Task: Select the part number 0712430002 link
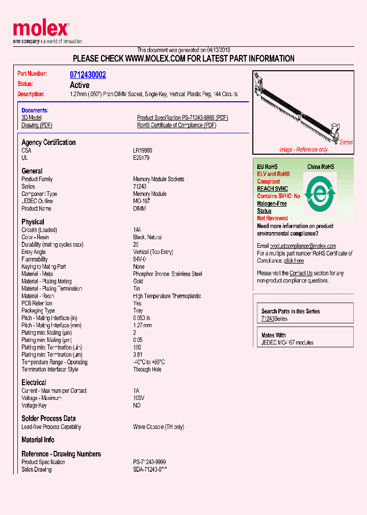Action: coord(88,75)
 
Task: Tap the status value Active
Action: coord(80,85)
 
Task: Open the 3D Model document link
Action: coord(31,118)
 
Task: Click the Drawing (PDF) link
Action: coord(37,125)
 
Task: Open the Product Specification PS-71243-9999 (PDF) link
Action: coord(182,118)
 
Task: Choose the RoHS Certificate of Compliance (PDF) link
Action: coord(176,125)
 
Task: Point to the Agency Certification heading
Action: coord(48,142)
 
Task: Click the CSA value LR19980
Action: coord(142,151)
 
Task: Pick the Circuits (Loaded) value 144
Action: coord(137,230)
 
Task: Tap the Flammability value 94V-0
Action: coord(139,260)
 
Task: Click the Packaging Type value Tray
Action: coord(138,310)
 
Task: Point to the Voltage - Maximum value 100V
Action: coord(139,398)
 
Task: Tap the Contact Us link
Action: coord(301,273)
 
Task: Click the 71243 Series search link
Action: coord(268,319)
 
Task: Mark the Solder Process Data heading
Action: coord(48,418)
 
